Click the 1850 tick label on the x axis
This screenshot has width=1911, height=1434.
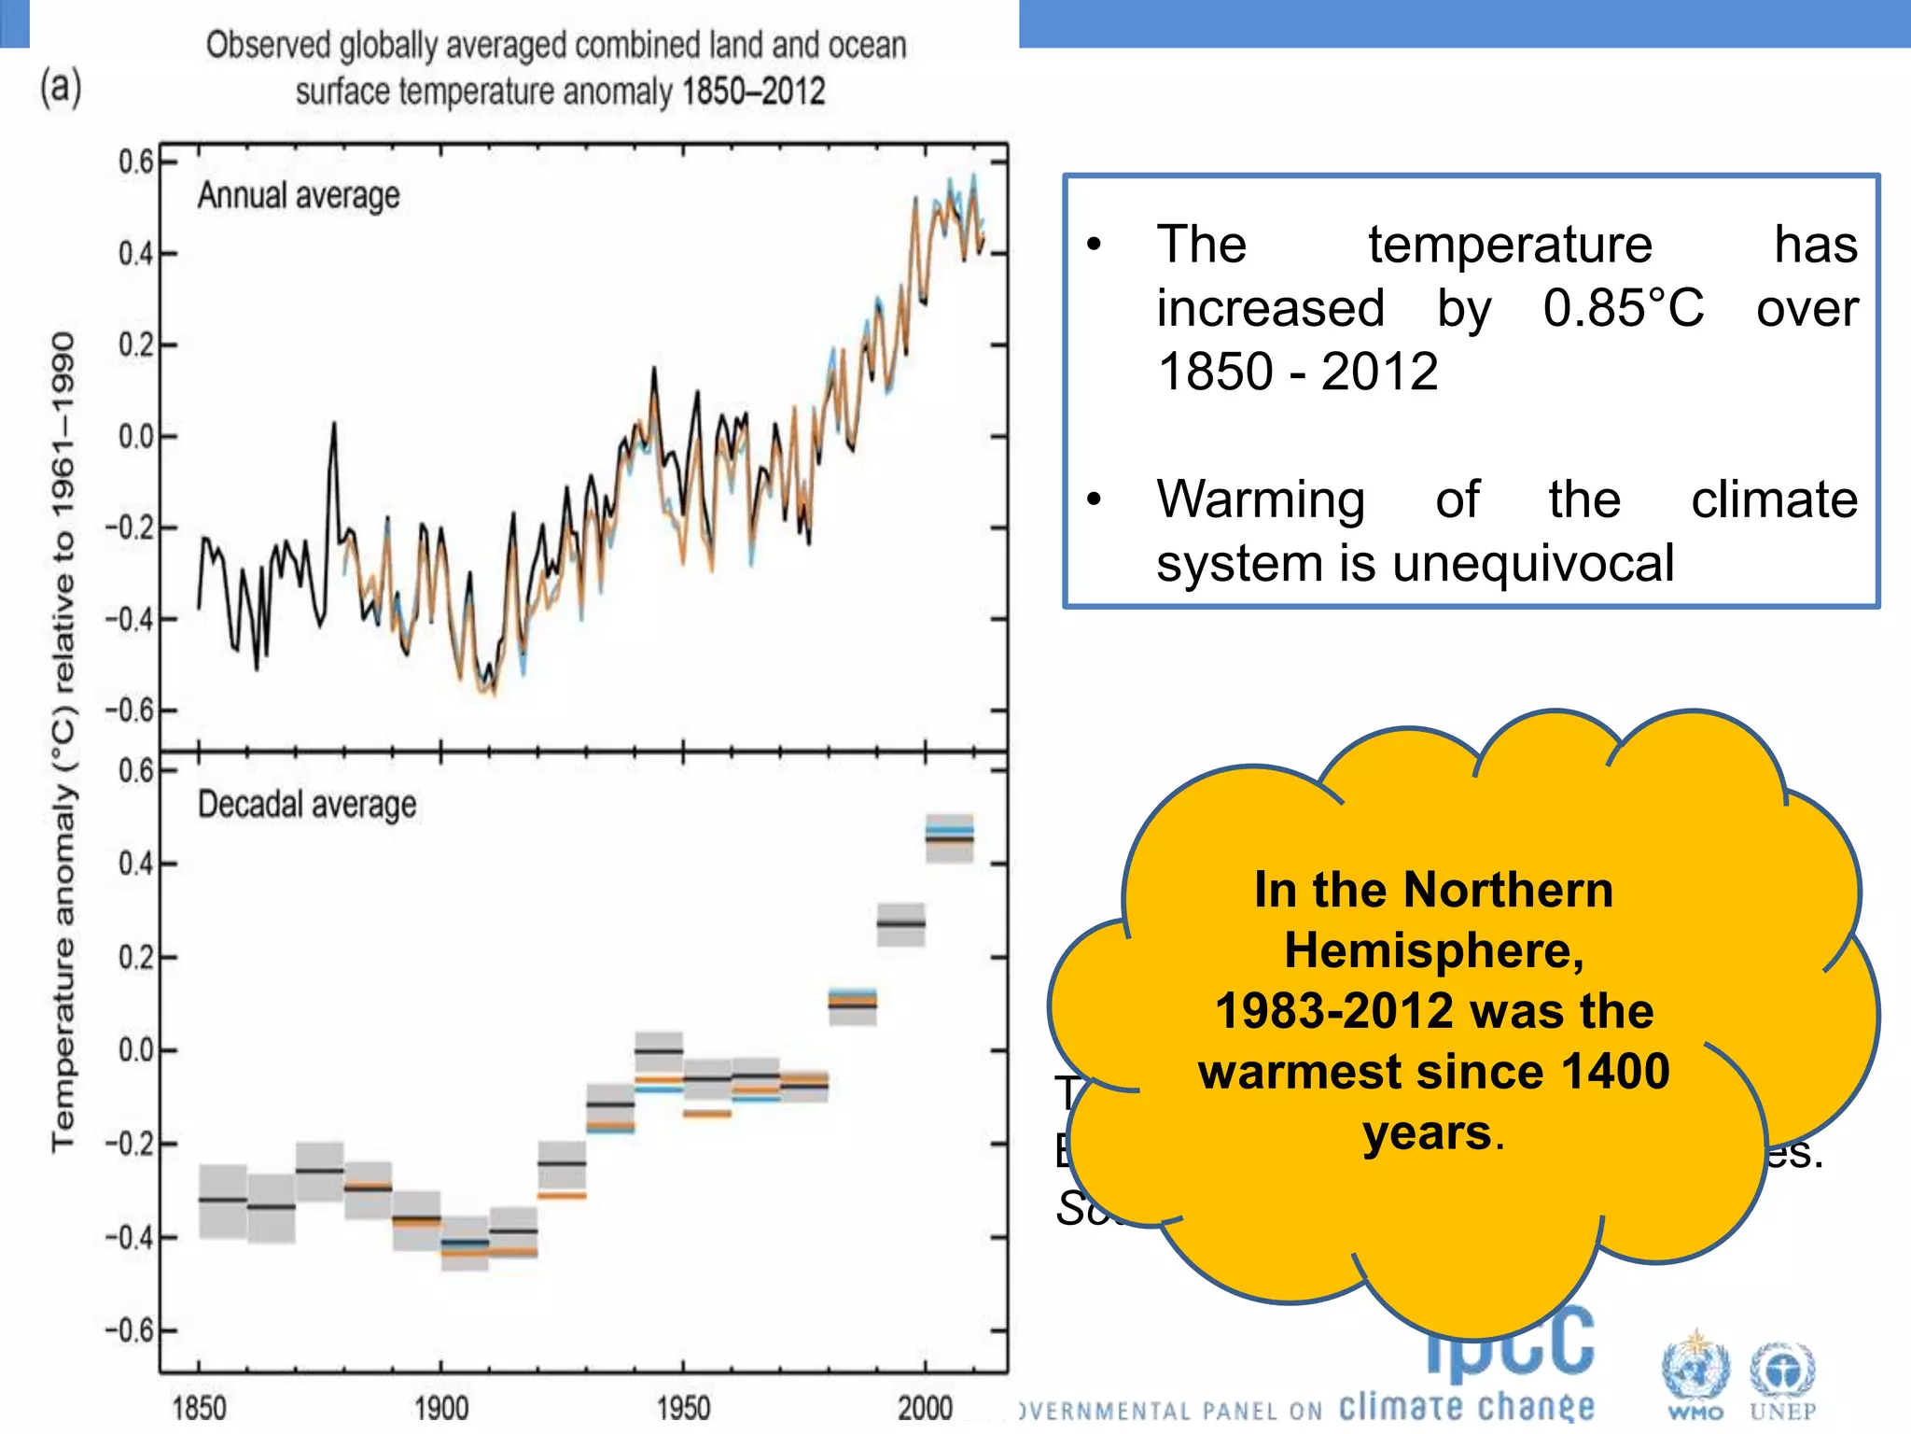199,1407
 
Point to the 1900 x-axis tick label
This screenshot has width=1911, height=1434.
440,1407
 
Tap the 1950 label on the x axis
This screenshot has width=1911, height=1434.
683,1407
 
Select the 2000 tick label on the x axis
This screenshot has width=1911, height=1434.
925,1407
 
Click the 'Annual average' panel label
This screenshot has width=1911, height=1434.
299,196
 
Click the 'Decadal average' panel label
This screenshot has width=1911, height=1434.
307,805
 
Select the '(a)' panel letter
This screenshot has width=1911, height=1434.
61,88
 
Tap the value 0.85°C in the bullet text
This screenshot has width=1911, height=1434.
1623,308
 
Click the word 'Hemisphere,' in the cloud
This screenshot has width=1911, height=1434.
1434,950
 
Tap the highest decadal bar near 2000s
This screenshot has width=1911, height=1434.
949,836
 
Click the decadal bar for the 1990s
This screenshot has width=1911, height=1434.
900,924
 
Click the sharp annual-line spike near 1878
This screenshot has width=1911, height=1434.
333,428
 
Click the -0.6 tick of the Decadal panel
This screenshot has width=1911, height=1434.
130,1330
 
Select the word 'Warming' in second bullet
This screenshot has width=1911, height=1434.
1261,499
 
